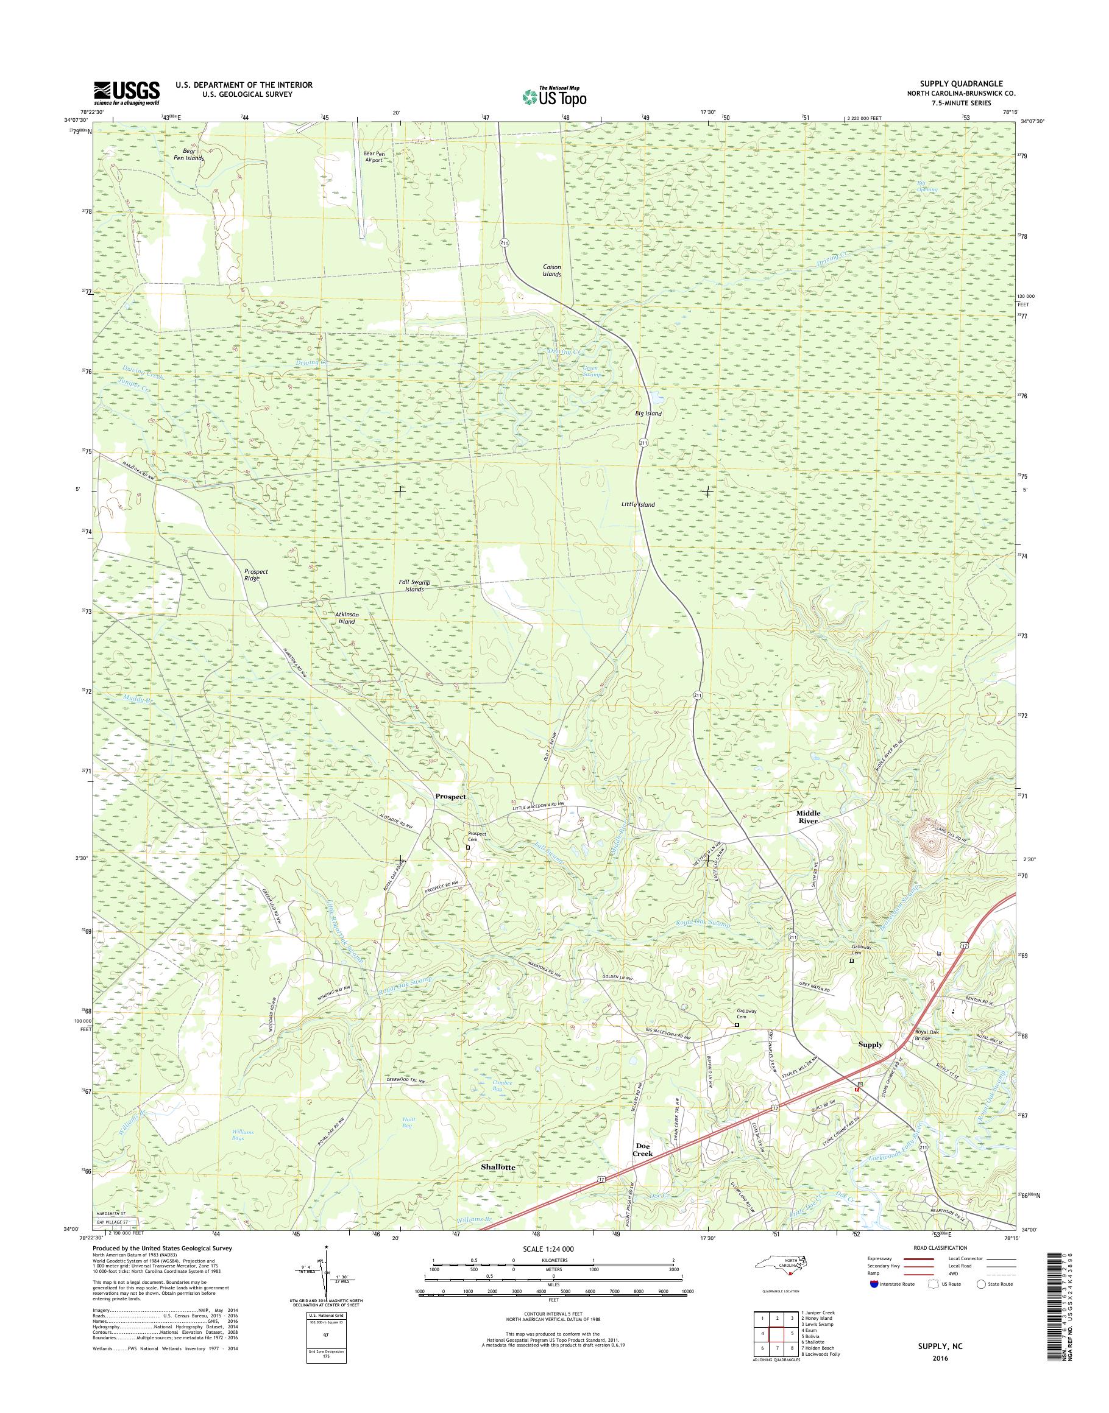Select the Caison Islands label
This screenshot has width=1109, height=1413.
[x=552, y=270]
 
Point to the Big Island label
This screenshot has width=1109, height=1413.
[x=649, y=414]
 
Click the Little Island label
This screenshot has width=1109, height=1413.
[x=638, y=504]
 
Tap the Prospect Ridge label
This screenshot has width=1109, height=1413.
[x=256, y=574]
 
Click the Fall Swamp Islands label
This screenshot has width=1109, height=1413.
[x=415, y=586]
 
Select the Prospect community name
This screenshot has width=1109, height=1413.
[x=451, y=797]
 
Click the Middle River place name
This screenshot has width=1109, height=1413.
[x=809, y=817]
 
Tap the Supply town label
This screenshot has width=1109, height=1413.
[x=871, y=1045]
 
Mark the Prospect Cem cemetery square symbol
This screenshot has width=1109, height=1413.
[x=467, y=847]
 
